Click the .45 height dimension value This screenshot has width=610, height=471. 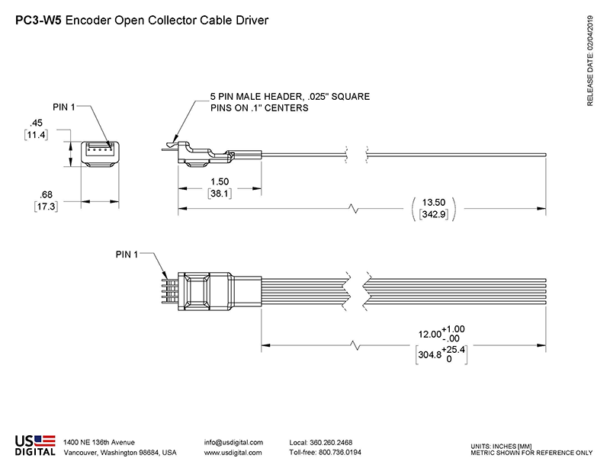click(x=35, y=122)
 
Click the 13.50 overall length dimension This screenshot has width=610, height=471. click(x=434, y=202)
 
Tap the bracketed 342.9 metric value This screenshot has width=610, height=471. click(x=434, y=216)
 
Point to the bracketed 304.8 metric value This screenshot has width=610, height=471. click(x=431, y=354)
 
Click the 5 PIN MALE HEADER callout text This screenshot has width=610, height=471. click(x=290, y=97)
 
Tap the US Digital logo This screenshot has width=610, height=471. click(x=35, y=445)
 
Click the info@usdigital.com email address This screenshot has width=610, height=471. click(x=233, y=442)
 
